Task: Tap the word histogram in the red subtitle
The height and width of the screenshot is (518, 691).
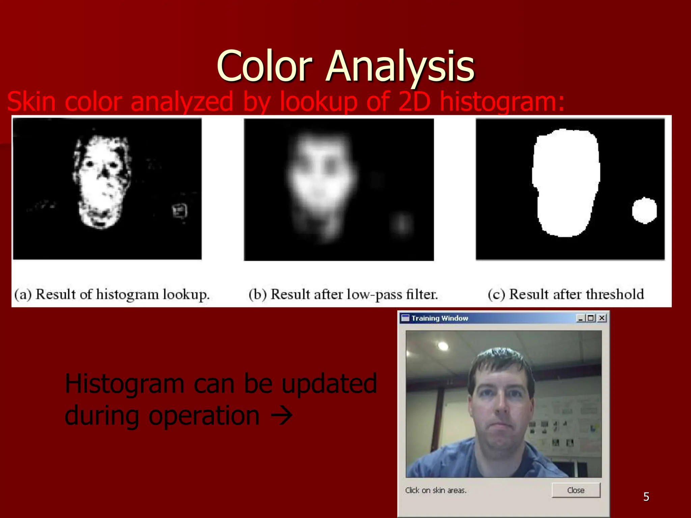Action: (502, 101)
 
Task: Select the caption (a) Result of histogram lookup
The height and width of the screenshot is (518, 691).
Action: (112, 294)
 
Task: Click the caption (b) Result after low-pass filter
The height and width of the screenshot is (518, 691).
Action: (343, 294)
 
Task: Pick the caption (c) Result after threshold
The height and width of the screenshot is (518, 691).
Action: (566, 294)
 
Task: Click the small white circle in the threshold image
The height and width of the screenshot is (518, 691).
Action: (644, 210)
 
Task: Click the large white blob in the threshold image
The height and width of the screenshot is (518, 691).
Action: (566, 182)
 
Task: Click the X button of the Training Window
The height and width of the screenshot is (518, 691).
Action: (602, 318)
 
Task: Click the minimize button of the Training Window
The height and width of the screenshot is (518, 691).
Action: (581, 318)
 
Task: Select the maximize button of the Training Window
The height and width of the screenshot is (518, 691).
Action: (591, 318)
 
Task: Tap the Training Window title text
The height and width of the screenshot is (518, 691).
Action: (440, 318)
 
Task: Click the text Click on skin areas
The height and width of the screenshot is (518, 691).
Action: (436, 490)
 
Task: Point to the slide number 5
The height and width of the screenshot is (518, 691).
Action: (646, 497)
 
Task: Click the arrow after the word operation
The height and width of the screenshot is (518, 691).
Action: (282, 416)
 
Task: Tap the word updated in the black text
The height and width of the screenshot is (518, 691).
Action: (329, 384)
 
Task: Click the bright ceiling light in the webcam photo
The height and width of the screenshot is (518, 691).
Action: (443, 346)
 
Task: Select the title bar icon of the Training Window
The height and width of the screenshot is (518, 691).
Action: (405, 318)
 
